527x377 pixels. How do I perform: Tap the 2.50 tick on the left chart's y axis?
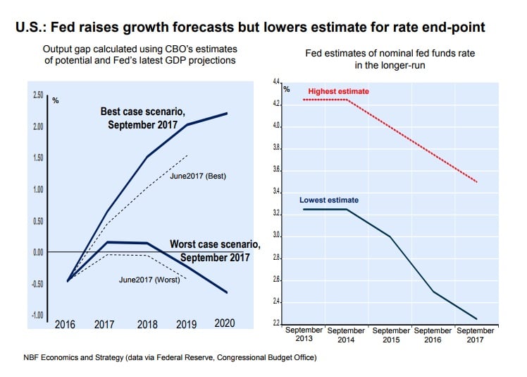(x=37, y=95)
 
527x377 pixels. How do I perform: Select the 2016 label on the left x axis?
(x=66, y=324)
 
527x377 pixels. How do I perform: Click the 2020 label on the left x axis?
(x=224, y=323)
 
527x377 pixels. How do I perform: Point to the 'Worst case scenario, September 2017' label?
(x=214, y=251)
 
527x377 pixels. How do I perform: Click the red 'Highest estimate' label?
(x=338, y=92)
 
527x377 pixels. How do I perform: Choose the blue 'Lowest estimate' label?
(x=328, y=201)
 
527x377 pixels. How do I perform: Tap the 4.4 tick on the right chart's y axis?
(x=276, y=83)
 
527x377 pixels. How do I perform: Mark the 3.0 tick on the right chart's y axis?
(x=276, y=236)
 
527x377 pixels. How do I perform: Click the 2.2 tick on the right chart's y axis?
(x=276, y=324)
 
